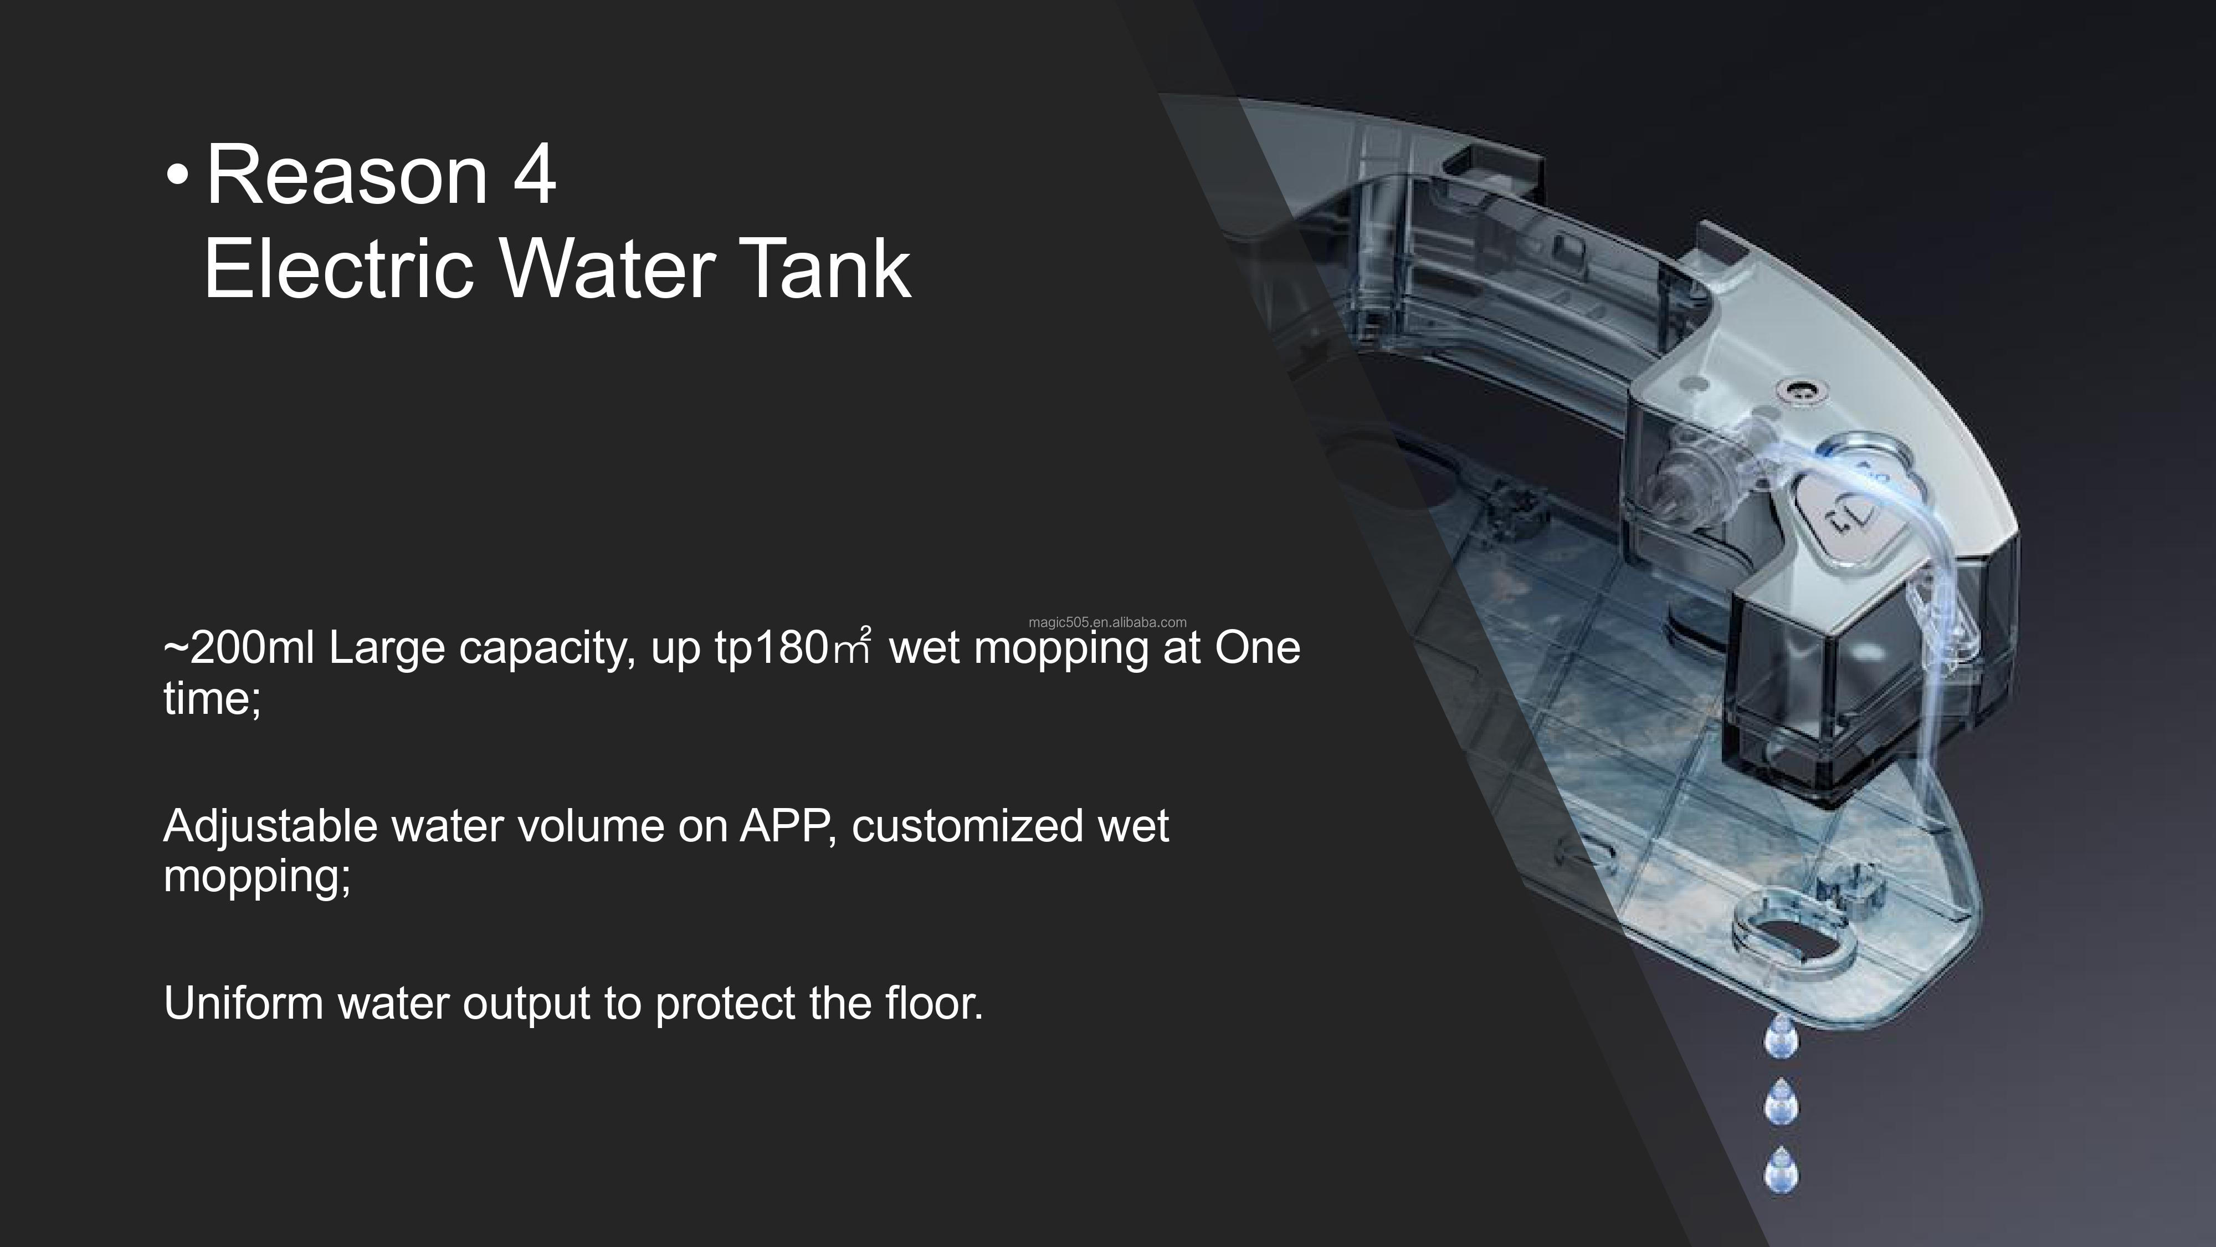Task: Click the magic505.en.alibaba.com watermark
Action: point(1107,622)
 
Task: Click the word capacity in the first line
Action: point(548,649)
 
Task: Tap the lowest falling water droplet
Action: point(1781,1171)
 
